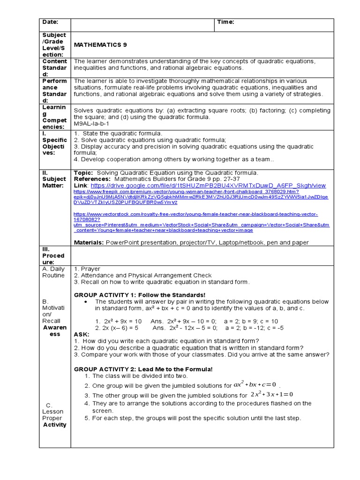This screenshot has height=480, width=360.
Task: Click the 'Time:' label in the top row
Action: (225, 22)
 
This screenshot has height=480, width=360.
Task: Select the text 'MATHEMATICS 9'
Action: (100, 45)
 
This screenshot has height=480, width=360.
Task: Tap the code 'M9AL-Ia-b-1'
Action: (91, 124)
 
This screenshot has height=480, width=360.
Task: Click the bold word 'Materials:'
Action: (89, 242)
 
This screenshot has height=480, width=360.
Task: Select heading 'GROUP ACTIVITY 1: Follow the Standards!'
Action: (140, 294)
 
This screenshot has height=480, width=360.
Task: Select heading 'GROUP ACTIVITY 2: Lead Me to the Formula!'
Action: (143, 369)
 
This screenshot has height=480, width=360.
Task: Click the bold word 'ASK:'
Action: (82, 334)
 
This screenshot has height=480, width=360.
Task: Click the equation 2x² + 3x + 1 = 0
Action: (271, 394)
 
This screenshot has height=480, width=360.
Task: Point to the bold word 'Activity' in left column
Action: (54, 425)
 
